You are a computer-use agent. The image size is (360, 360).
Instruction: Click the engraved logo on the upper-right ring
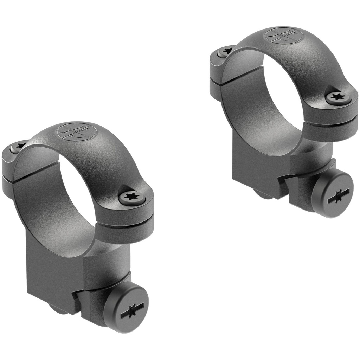pyautogui.click(x=284, y=36)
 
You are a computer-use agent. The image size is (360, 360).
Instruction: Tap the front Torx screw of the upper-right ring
pyautogui.click(x=338, y=98)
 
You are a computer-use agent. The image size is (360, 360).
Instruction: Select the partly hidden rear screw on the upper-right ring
pyautogui.click(x=225, y=51)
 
